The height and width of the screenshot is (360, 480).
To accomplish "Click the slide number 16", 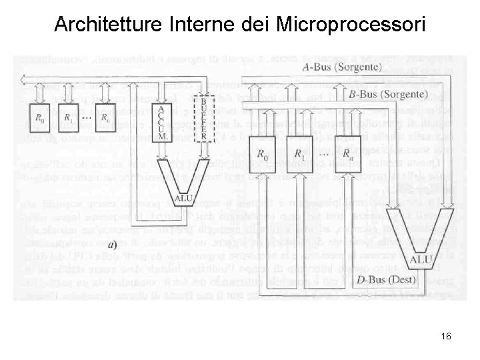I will (446, 336).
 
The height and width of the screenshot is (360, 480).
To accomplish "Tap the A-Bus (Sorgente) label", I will (342, 67).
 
